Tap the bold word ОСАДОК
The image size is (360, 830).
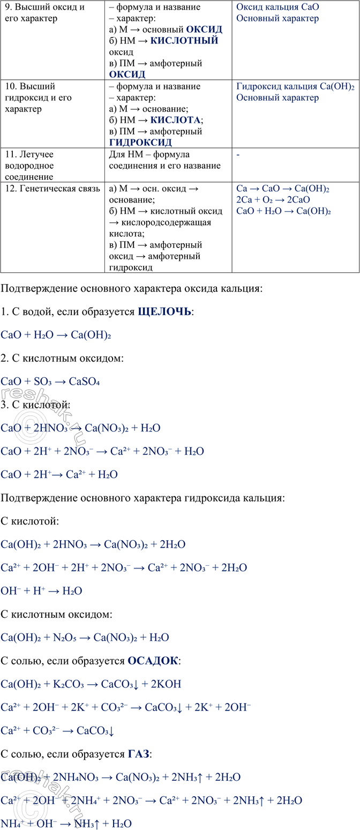point(153,661)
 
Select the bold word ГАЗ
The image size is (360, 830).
point(139,754)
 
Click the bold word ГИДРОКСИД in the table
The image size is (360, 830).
point(140,143)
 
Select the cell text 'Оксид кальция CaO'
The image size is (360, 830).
point(277,8)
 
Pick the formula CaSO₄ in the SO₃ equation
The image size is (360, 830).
point(84,382)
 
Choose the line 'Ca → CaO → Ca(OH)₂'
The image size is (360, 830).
point(282,189)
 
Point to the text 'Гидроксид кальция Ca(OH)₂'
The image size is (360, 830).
point(295,86)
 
